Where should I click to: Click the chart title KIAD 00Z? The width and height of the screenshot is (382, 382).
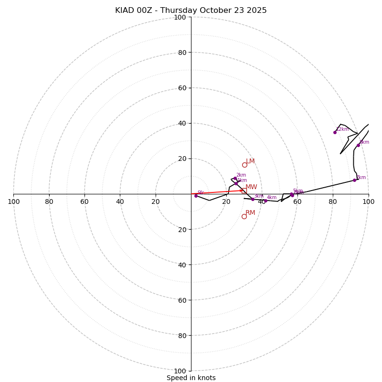(x=191, y=11)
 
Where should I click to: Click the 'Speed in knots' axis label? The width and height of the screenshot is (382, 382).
(x=191, y=378)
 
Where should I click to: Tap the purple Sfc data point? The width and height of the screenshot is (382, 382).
(x=196, y=196)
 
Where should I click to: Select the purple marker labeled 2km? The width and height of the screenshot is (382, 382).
(x=235, y=179)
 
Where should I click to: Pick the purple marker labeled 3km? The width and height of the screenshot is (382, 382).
(x=253, y=199)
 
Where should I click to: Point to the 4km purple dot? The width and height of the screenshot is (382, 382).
(x=265, y=201)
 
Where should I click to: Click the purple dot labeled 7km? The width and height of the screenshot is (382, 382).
(x=354, y=180)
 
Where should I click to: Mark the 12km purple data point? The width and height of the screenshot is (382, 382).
(x=335, y=132)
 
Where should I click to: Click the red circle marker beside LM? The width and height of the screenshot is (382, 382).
(x=244, y=165)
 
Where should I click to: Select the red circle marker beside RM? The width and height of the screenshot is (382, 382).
(x=244, y=216)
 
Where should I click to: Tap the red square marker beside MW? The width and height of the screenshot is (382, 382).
(x=244, y=191)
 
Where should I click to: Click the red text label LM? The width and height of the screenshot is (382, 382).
(x=250, y=161)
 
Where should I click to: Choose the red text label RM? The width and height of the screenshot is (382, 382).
(x=250, y=213)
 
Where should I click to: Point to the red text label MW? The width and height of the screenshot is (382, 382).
(x=251, y=187)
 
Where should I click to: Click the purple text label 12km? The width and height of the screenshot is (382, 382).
(x=342, y=129)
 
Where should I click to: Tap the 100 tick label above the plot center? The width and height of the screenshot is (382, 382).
(x=180, y=17)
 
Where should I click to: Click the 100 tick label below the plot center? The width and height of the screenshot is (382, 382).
(x=180, y=371)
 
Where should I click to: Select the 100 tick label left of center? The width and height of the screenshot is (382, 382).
(x=14, y=202)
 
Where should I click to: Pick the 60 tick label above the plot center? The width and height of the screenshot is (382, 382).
(x=182, y=88)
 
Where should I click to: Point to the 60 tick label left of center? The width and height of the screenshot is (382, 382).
(x=85, y=202)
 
